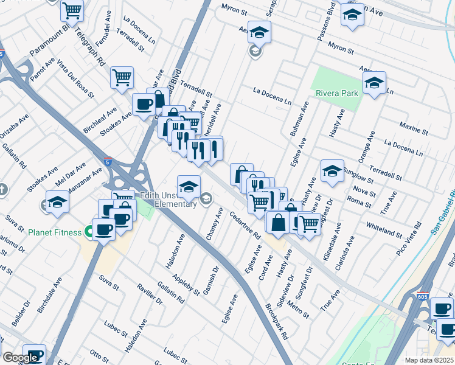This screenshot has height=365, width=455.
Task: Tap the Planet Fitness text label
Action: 54,232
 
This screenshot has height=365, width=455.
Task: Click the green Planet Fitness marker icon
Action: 89,232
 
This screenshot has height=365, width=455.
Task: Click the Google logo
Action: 20,358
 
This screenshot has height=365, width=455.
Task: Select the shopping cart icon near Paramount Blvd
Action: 72,10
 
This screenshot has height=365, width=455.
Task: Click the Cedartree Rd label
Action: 245,224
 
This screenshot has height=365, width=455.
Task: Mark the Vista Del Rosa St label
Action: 76,79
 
